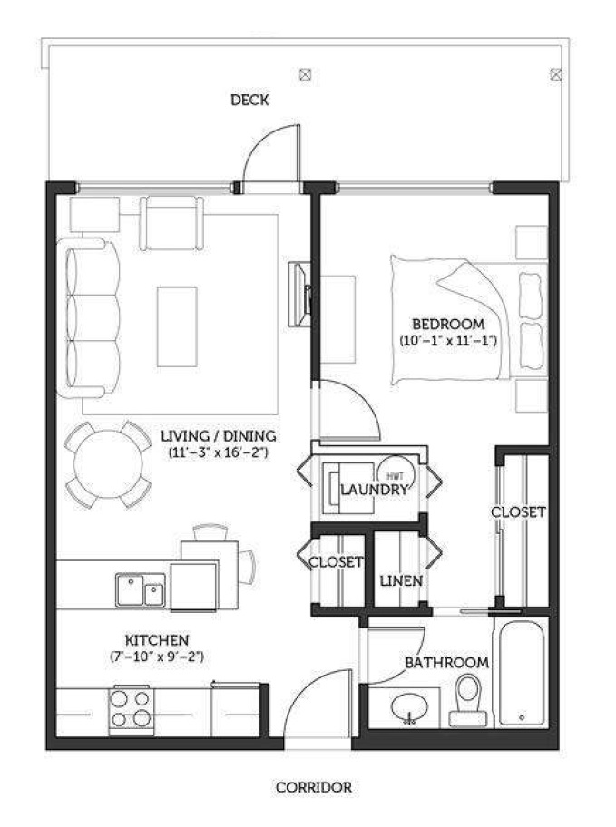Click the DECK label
pos(249,100)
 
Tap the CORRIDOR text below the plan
pos(314,787)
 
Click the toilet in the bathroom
pos(468,700)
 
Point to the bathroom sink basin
pos(410,707)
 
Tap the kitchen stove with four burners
pos(131,710)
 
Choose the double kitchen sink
pos(141,589)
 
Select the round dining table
pos(108,464)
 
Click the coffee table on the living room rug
pos(177,326)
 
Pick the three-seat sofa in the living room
pos(90,317)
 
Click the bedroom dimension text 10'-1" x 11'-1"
pos(448,341)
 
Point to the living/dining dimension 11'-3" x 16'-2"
pos(219,452)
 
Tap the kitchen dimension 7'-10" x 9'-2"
pos(157,657)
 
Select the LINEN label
pos(401,581)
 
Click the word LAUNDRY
pos(375,490)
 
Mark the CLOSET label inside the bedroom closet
pos(518,512)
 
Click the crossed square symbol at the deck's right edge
pos(556,74)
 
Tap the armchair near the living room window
pos(171,222)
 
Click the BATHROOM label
pos(446,663)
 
